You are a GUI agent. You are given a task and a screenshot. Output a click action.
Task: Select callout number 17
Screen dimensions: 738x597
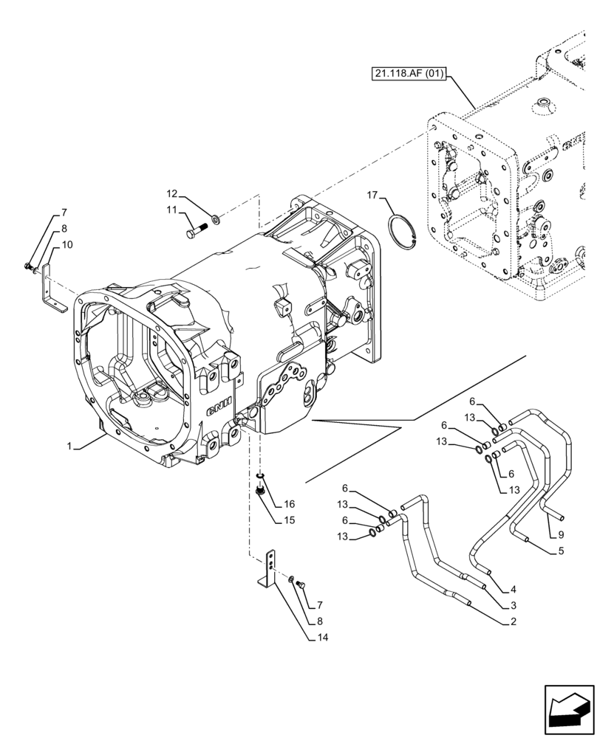372,195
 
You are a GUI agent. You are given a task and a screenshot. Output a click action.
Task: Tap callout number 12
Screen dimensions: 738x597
171,194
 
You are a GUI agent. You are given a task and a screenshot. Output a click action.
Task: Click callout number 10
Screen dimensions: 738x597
66,244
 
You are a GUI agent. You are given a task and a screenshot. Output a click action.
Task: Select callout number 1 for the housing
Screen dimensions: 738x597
69,446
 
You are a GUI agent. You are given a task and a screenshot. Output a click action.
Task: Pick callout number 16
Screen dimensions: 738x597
289,504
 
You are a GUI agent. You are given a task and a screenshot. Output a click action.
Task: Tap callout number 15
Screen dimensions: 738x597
289,521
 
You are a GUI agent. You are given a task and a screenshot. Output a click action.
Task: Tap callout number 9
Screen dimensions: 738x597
562,534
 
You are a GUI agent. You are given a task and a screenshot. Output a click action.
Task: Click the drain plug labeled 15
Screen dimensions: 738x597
261,489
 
